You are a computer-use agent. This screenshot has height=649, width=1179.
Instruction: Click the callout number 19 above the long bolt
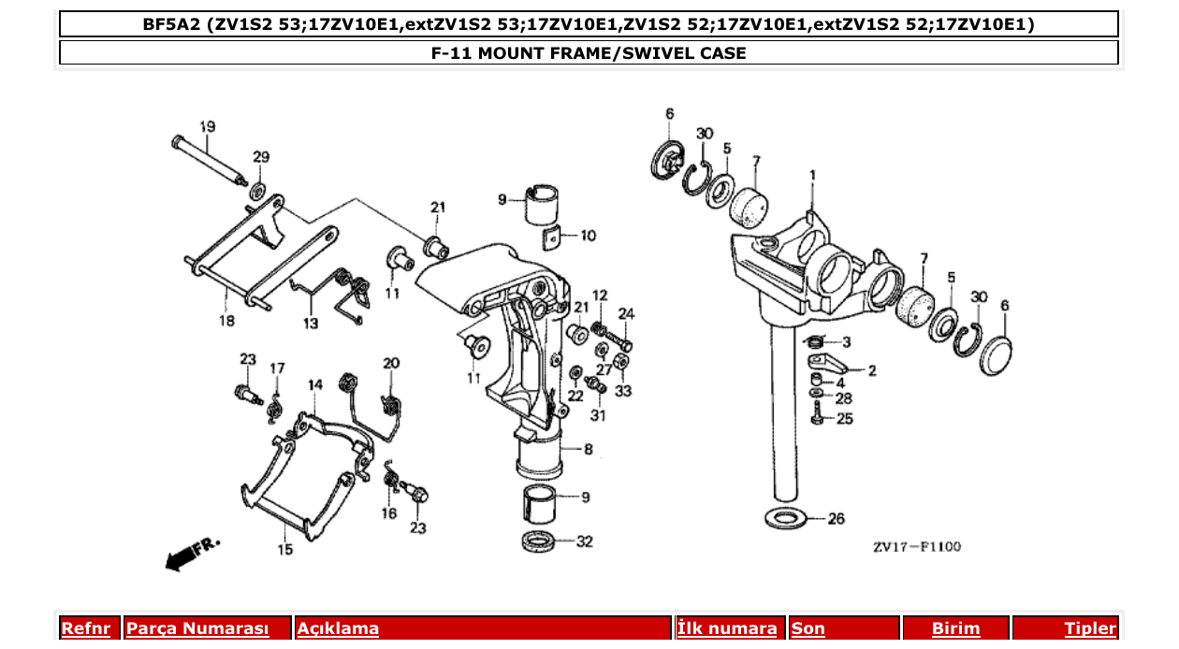point(208,126)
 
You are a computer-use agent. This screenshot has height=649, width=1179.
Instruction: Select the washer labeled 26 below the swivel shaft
point(786,517)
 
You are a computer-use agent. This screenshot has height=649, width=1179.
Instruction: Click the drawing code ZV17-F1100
point(917,547)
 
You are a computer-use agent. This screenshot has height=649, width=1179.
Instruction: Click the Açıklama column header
point(338,628)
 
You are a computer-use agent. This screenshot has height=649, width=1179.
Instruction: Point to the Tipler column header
point(1090,628)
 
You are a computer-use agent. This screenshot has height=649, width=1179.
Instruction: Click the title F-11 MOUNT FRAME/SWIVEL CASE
point(589,53)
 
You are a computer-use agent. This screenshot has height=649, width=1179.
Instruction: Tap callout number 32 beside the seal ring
point(585,541)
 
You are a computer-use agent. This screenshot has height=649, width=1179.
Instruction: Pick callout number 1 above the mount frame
point(812,175)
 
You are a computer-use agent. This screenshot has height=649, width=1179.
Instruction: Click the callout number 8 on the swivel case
point(588,450)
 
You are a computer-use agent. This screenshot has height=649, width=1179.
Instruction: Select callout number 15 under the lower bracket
point(284,550)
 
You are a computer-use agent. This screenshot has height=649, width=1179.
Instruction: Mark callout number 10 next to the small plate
point(588,236)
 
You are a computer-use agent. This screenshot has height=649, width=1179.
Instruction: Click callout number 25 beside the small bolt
point(845,419)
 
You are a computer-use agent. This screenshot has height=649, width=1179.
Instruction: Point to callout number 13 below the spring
point(310,324)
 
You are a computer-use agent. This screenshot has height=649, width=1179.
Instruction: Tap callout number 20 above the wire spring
point(391,363)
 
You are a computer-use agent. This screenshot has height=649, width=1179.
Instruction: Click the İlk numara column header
point(726,628)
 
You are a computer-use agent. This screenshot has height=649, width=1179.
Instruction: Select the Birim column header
point(955,628)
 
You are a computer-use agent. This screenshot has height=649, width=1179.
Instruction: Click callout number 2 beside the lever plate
point(872,371)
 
